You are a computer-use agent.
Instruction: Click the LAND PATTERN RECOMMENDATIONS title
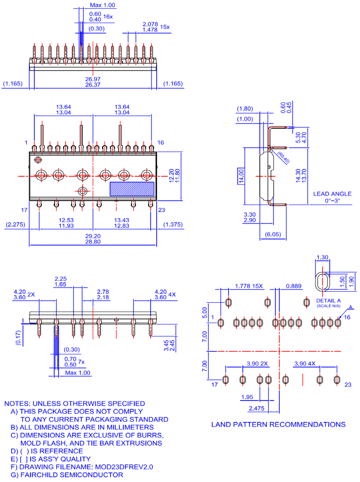pyautogui.click(x=278, y=424)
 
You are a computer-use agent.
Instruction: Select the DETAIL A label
pyautogui.click(x=329, y=300)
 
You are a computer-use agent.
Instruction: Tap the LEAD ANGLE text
pyautogui.click(x=332, y=194)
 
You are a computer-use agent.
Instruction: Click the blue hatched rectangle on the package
pyautogui.click(x=132, y=189)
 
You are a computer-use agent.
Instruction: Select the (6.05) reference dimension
pyautogui.click(x=273, y=234)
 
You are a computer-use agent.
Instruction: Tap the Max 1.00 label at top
pyautogui.click(x=103, y=5)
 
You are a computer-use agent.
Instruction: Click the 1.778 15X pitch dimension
pyautogui.click(x=249, y=286)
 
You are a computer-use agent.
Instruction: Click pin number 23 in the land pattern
pyautogui.click(x=348, y=384)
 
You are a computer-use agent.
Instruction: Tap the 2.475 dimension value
pyautogui.click(x=257, y=408)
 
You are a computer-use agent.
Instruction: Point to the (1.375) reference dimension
pyautogui.click(x=173, y=225)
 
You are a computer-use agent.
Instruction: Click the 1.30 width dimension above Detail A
pyautogui.click(x=322, y=257)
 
